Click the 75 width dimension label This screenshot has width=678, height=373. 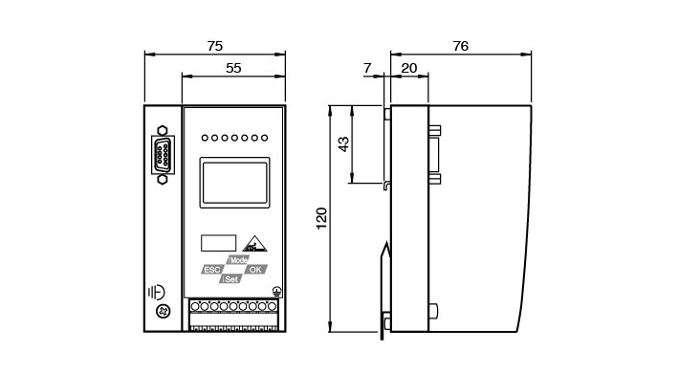tap(215, 46)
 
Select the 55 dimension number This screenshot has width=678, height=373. tap(233, 68)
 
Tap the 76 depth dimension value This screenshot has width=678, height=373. tap(461, 46)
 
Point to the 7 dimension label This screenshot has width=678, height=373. tap(367, 68)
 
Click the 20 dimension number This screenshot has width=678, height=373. tap(409, 68)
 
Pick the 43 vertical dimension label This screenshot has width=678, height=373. tap(343, 143)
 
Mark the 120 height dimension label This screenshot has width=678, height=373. tap(321, 218)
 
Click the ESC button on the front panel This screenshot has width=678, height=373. tap(212, 270)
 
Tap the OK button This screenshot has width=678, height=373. tap(255, 270)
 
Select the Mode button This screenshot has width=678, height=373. tap(238, 260)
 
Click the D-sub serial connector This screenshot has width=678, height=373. tap(163, 155)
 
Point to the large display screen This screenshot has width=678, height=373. tap(235, 183)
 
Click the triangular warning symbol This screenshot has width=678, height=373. tap(254, 244)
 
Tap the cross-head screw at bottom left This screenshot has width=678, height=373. tap(163, 311)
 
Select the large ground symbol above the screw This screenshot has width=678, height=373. tap(156, 293)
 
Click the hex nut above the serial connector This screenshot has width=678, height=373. tap(163, 130)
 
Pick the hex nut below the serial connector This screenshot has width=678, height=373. tap(163, 179)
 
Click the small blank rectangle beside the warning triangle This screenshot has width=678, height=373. tap(219, 243)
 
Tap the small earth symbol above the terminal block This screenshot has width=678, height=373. tap(277, 292)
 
